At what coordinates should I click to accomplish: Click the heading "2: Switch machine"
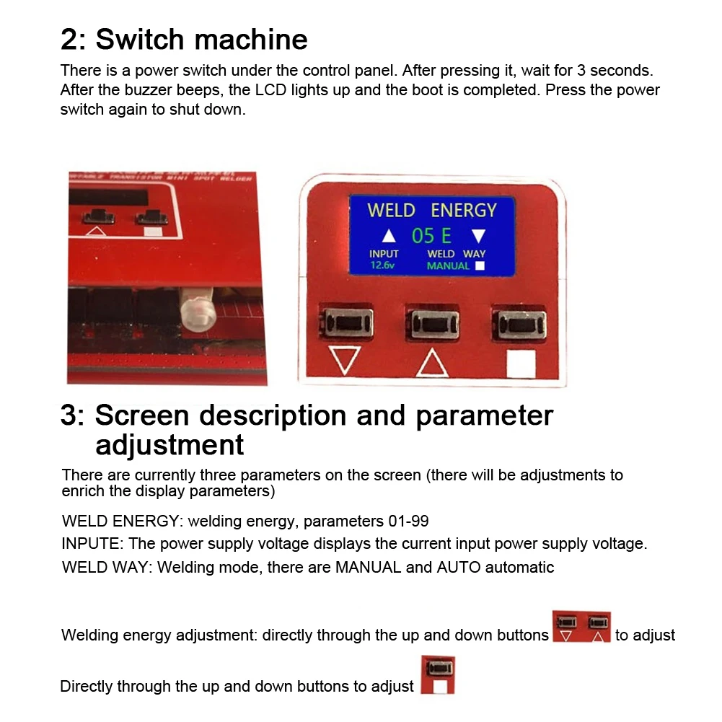(x=184, y=39)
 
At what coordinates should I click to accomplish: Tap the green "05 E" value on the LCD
(x=431, y=236)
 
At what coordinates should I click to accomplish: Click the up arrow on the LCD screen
(x=389, y=236)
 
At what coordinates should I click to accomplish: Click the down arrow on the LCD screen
(x=479, y=236)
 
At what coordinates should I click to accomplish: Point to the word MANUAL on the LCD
(x=448, y=266)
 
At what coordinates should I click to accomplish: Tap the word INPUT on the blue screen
(x=384, y=254)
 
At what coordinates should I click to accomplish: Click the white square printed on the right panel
(x=521, y=364)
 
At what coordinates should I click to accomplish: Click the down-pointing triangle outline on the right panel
(x=344, y=360)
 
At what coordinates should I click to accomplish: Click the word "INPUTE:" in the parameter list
(x=92, y=544)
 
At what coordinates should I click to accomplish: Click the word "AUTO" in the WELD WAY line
(x=459, y=567)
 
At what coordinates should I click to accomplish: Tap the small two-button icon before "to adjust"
(x=581, y=628)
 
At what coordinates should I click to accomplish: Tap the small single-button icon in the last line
(x=437, y=674)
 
